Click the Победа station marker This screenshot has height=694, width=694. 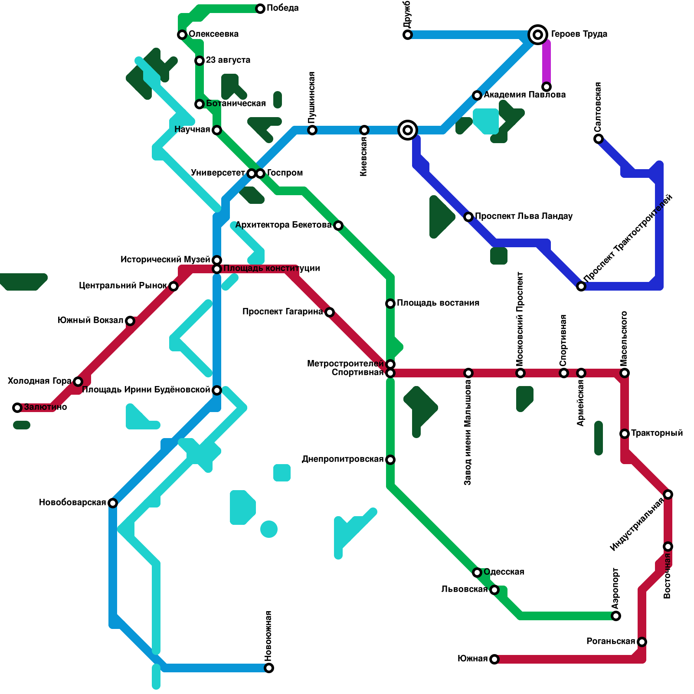(x=260, y=9)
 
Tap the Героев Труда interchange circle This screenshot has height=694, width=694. (x=538, y=34)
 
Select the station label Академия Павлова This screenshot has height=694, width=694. (x=524, y=95)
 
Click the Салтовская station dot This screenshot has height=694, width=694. (x=599, y=139)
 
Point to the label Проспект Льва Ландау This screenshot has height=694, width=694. (x=524, y=216)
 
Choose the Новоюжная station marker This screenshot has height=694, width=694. (x=269, y=668)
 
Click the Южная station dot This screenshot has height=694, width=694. (x=494, y=659)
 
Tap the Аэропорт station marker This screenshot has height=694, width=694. (x=616, y=616)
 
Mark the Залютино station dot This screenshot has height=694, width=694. (x=17, y=408)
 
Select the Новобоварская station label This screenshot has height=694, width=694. (x=72, y=502)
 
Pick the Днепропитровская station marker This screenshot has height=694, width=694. (x=390, y=460)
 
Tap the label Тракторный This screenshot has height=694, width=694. (x=657, y=433)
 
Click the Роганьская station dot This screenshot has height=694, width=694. (x=642, y=642)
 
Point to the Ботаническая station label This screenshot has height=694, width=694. (x=236, y=103)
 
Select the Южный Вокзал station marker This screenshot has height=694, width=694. (x=130, y=321)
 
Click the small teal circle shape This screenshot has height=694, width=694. (x=269, y=529)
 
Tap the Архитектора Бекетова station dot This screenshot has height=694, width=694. (x=338, y=226)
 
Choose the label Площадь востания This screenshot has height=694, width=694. (x=438, y=303)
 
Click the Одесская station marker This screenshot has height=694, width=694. (x=477, y=573)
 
